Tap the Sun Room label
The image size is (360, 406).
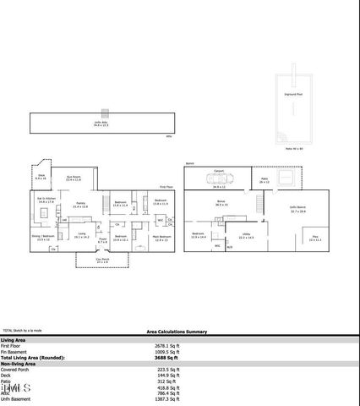(x=74, y=177)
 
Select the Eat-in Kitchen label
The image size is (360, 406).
(x=46, y=201)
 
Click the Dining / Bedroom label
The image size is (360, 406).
(x=43, y=238)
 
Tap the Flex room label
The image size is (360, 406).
(x=314, y=239)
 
